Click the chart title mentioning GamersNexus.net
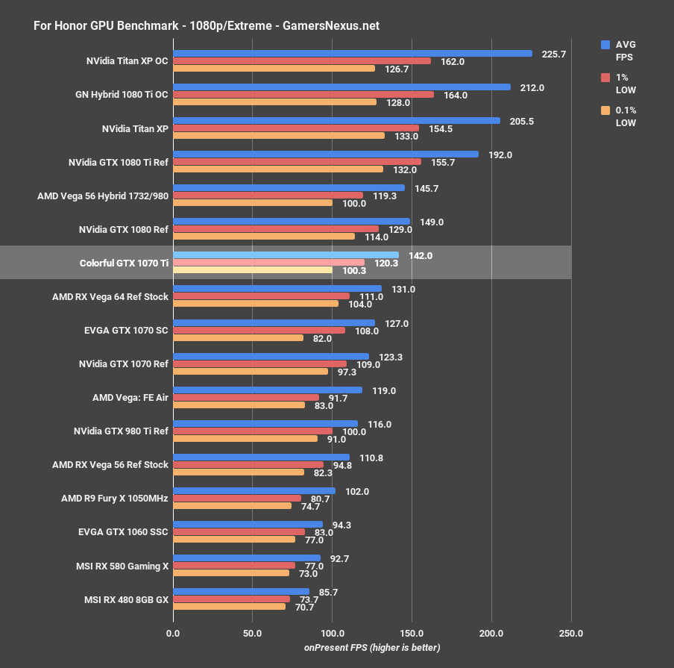point(207,25)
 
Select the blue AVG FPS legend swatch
point(605,45)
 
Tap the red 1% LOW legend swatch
point(605,78)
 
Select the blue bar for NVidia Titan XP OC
point(352,54)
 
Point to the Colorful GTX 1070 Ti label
point(124,263)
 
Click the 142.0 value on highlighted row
point(421,255)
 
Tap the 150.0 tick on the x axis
point(412,633)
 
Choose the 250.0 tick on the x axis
point(571,633)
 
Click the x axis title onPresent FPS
point(371,647)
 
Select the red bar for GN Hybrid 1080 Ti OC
point(303,95)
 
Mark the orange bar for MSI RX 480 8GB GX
point(229,606)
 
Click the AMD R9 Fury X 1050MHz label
point(115,498)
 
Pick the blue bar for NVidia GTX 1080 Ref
point(291,222)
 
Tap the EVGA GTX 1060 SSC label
point(123,531)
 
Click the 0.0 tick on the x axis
point(173,633)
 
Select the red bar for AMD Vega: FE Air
point(245,398)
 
